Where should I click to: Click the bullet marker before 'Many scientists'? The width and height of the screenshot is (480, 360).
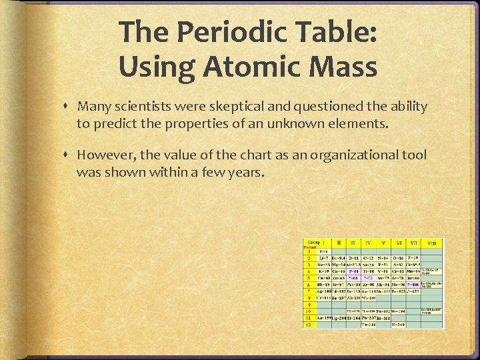point(68,107)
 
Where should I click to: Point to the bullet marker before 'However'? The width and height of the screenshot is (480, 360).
point(68,155)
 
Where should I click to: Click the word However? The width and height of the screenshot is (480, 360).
point(104,155)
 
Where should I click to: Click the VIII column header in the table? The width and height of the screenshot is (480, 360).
point(432,244)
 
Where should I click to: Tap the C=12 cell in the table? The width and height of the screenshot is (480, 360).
point(368,257)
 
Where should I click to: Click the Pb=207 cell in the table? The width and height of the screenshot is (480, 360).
point(369,318)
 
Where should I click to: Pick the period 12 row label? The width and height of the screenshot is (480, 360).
point(309,325)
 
